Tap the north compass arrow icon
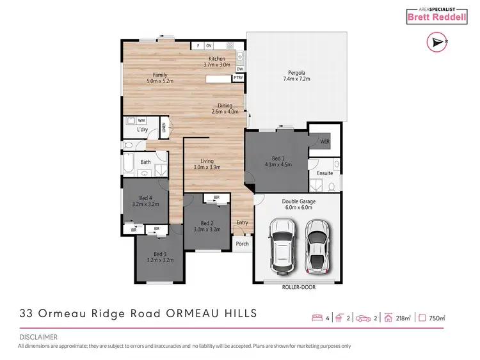[436, 43]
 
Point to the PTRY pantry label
[239, 78]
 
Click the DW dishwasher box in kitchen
[240, 69]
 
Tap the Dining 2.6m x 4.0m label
[225, 107]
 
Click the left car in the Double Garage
[280, 242]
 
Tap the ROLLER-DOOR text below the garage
[298, 287]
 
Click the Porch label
[242, 244]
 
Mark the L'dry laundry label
[143, 130]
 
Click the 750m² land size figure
[437, 317]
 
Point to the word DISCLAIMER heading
[38, 336]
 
